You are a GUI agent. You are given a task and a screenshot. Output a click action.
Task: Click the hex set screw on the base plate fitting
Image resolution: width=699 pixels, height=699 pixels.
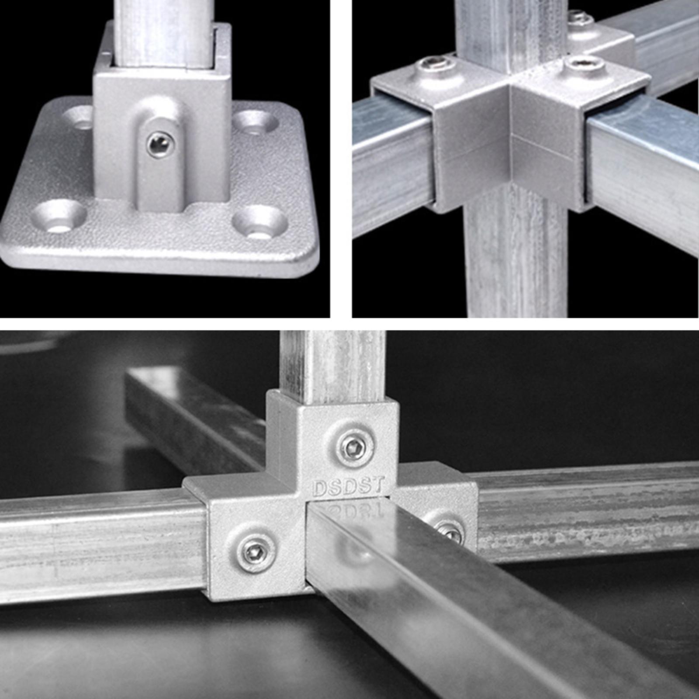(160, 144)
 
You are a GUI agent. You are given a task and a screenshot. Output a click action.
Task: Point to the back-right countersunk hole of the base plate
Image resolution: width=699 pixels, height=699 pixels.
(255, 123)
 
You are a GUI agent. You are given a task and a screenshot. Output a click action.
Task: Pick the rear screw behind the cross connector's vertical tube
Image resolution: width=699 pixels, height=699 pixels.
(579, 18)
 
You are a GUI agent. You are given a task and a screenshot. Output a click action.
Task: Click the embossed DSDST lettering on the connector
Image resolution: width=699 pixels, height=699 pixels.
(349, 486)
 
